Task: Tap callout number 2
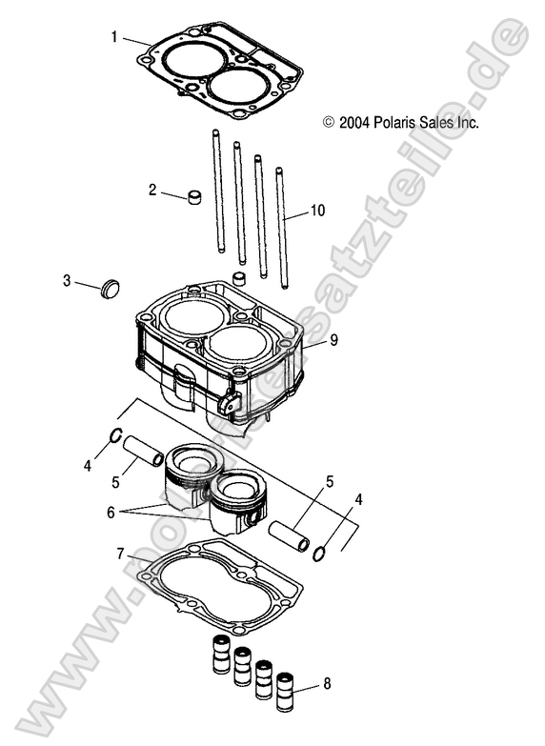[x=152, y=190]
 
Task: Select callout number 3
[x=67, y=280]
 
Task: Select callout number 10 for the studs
[x=317, y=210]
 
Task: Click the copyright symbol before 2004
[x=329, y=122]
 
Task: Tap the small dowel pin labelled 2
[x=197, y=199]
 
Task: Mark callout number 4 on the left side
[x=88, y=466]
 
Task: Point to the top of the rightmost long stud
[x=279, y=171]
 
